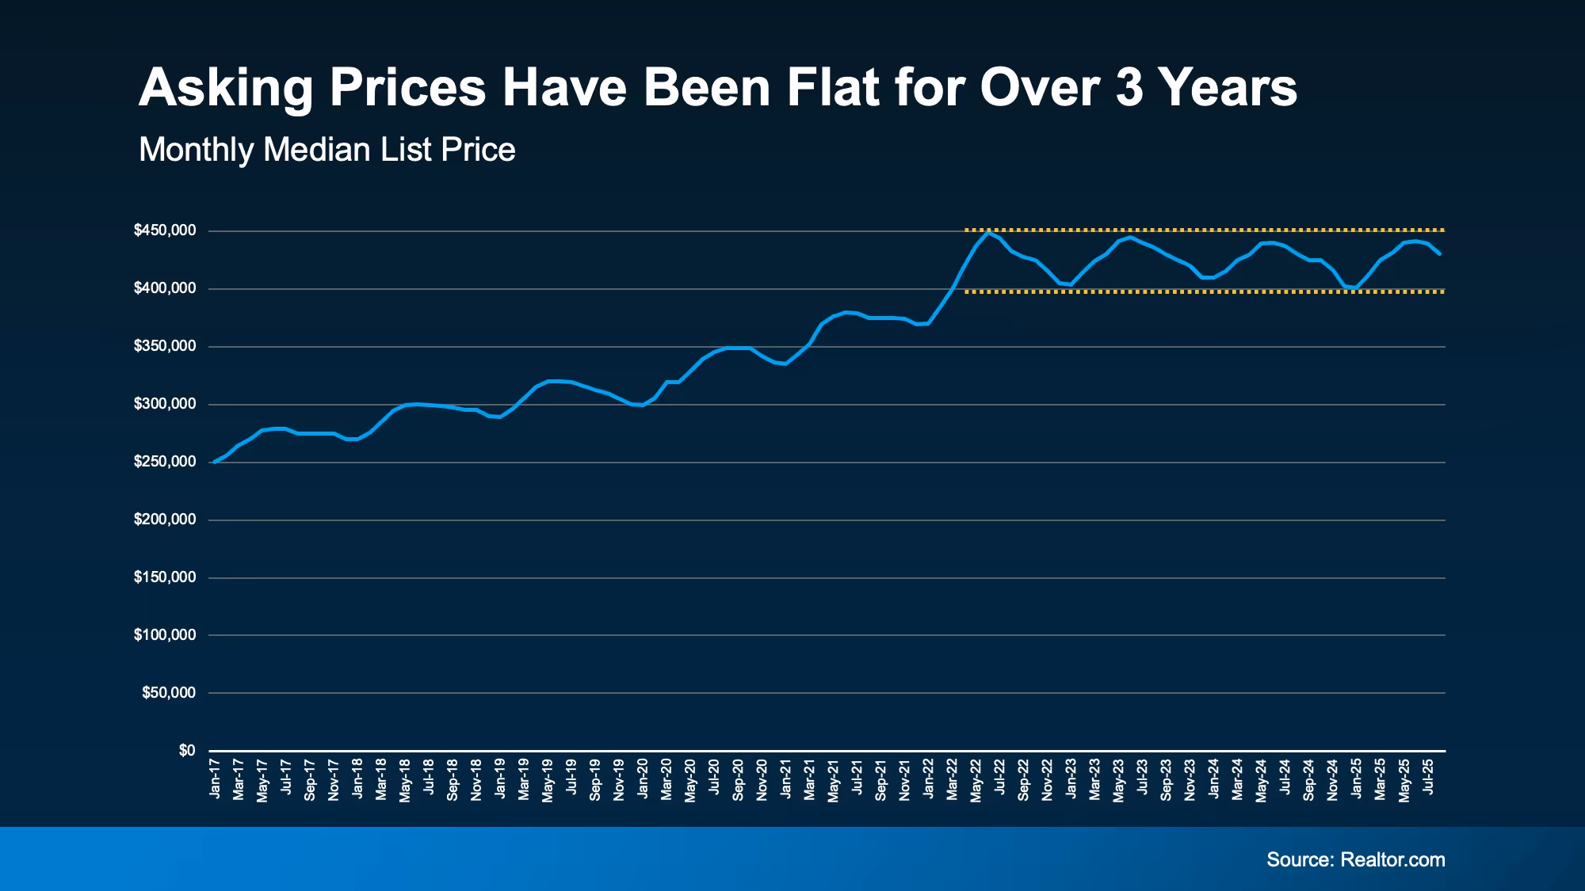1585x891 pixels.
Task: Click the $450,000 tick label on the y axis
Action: [165, 230]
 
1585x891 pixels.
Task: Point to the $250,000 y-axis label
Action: [165, 462]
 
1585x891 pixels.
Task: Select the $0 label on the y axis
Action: [187, 750]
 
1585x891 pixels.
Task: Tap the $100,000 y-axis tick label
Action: [165, 635]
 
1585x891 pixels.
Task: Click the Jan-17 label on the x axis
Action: [215, 779]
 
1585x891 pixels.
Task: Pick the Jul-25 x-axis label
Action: [1428, 778]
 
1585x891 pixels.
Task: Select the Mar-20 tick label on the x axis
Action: [666, 779]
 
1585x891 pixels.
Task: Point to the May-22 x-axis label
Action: [976, 780]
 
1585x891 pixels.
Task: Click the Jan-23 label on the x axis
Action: [1071, 779]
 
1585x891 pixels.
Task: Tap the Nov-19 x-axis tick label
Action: [619, 779]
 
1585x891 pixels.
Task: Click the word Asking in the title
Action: [226, 89]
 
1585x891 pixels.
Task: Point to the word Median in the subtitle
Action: [316, 150]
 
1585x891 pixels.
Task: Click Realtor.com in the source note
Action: [1392, 860]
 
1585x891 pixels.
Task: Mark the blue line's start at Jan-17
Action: [214, 462]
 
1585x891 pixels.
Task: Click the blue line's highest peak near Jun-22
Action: [987, 232]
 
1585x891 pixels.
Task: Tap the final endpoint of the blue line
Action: [1439, 254]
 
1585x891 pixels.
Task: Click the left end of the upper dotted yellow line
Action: [966, 230]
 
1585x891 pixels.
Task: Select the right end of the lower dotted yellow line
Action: [1443, 291]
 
